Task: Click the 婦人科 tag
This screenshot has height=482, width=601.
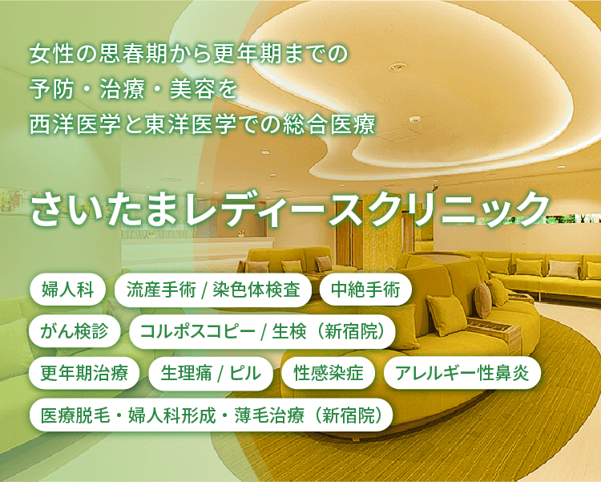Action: [67, 290]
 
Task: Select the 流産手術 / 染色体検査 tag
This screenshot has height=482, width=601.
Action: [213, 290]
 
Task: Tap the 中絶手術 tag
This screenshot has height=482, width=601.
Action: [365, 290]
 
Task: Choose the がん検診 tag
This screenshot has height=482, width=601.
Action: [75, 331]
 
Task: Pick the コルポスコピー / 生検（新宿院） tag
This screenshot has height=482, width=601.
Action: [263, 331]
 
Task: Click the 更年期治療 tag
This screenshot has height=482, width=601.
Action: [84, 373]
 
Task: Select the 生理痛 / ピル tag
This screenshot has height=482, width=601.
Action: [211, 373]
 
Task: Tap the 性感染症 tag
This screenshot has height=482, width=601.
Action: [329, 373]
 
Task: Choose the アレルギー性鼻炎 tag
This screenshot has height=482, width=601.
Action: [462, 373]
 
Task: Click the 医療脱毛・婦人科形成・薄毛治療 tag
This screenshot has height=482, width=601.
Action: [212, 415]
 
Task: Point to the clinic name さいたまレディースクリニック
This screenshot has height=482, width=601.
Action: [290, 210]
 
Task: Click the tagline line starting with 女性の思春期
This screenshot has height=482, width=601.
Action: [188, 54]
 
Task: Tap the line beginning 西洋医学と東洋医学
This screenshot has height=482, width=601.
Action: [203, 125]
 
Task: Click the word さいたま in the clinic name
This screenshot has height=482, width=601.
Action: [103, 210]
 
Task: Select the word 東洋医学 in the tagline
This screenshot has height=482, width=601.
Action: [191, 125]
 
